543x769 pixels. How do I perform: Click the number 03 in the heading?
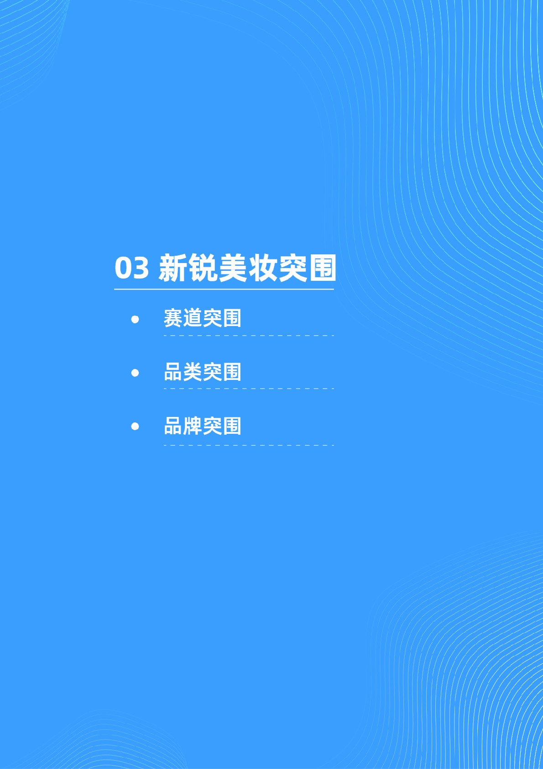tap(131, 268)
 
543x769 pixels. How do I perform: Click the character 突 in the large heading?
tap(292, 268)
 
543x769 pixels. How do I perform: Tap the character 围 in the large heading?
tap(322, 268)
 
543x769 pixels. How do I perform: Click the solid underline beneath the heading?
tap(224, 289)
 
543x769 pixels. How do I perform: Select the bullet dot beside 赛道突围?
tap(135, 319)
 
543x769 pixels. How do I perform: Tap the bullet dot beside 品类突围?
tap(135, 373)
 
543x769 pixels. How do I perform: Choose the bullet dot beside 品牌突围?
tap(135, 426)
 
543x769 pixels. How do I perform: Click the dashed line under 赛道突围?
tap(249, 336)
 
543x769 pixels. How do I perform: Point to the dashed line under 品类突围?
tap(249, 389)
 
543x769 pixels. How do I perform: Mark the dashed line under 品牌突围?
tap(249, 445)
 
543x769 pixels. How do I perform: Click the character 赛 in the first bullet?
tap(173, 318)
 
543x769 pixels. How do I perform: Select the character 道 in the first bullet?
tap(193, 318)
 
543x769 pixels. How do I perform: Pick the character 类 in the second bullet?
tap(193, 372)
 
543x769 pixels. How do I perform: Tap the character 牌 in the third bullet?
tap(193, 426)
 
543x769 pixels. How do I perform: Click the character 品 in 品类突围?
tap(173, 372)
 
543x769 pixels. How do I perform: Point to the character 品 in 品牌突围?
tap(173, 426)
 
